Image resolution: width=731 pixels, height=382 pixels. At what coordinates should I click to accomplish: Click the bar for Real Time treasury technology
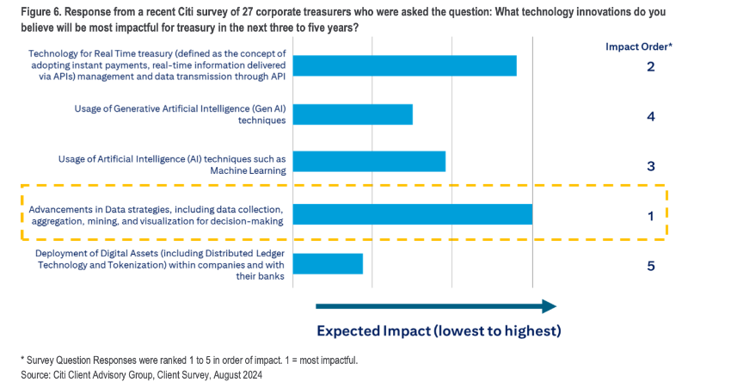pyautogui.click(x=405, y=66)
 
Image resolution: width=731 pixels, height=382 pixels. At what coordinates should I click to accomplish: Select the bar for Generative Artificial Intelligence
pyautogui.click(x=353, y=114)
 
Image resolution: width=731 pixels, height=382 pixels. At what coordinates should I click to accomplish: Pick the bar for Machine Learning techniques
pyautogui.click(x=370, y=162)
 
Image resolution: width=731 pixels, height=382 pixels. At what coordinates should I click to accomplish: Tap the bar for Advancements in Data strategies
pyautogui.click(x=413, y=214)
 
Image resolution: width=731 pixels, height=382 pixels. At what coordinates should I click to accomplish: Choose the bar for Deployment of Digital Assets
pyautogui.click(x=329, y=263)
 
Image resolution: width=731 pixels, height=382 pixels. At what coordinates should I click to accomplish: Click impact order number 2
pyautogui.click(x=650, y=66)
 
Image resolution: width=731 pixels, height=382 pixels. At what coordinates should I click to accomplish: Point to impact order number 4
pyautogui.click(x=650, y=115)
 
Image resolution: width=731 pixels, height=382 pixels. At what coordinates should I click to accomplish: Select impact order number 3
pyautogui.click(x=650, y=165)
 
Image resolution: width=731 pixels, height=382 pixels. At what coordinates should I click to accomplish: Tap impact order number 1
pyautogui.click(x=650, y=216)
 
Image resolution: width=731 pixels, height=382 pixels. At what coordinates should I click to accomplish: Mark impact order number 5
pyautogui.click(x=650, y=266)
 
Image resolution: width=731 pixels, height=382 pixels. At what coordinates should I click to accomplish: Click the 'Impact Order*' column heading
pyautogui.click(x=638, y=46)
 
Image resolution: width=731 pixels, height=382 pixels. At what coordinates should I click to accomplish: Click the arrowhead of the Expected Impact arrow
pyautogui.click(x=548, y=305)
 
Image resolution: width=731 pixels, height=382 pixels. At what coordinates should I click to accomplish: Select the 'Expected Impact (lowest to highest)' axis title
pyautogui.click(x=439, y=331)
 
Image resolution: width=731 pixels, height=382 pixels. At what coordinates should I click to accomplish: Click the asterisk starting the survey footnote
pyautogui.click(x=22, y=360)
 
